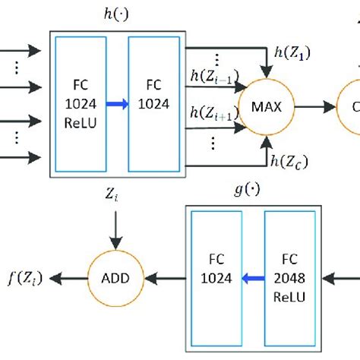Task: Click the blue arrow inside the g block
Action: (x=253, y=278)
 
